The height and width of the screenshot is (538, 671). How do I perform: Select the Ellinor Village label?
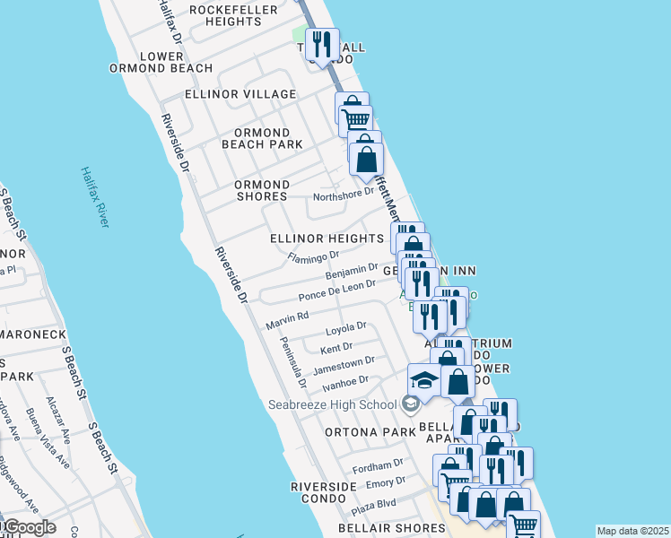click(x=240, y=94)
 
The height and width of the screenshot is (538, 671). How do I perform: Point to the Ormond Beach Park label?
click(x=262, y=139)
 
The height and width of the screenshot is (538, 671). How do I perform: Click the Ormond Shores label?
click(x=261, y=190)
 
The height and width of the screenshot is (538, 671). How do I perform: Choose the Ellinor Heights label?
click(x=327, y=239)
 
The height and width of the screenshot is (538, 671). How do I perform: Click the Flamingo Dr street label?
click(x=312, y=257)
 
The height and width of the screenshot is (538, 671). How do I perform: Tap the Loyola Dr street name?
click(x=346, y=328)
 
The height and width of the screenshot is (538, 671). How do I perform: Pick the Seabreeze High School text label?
click(x=332, y=404)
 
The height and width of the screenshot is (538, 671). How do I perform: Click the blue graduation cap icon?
click(x=424, y=378)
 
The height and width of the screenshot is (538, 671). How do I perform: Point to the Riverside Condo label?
click(x=324, y=491)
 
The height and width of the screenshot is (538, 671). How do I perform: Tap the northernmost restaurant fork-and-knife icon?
click(x=318, y=43)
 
